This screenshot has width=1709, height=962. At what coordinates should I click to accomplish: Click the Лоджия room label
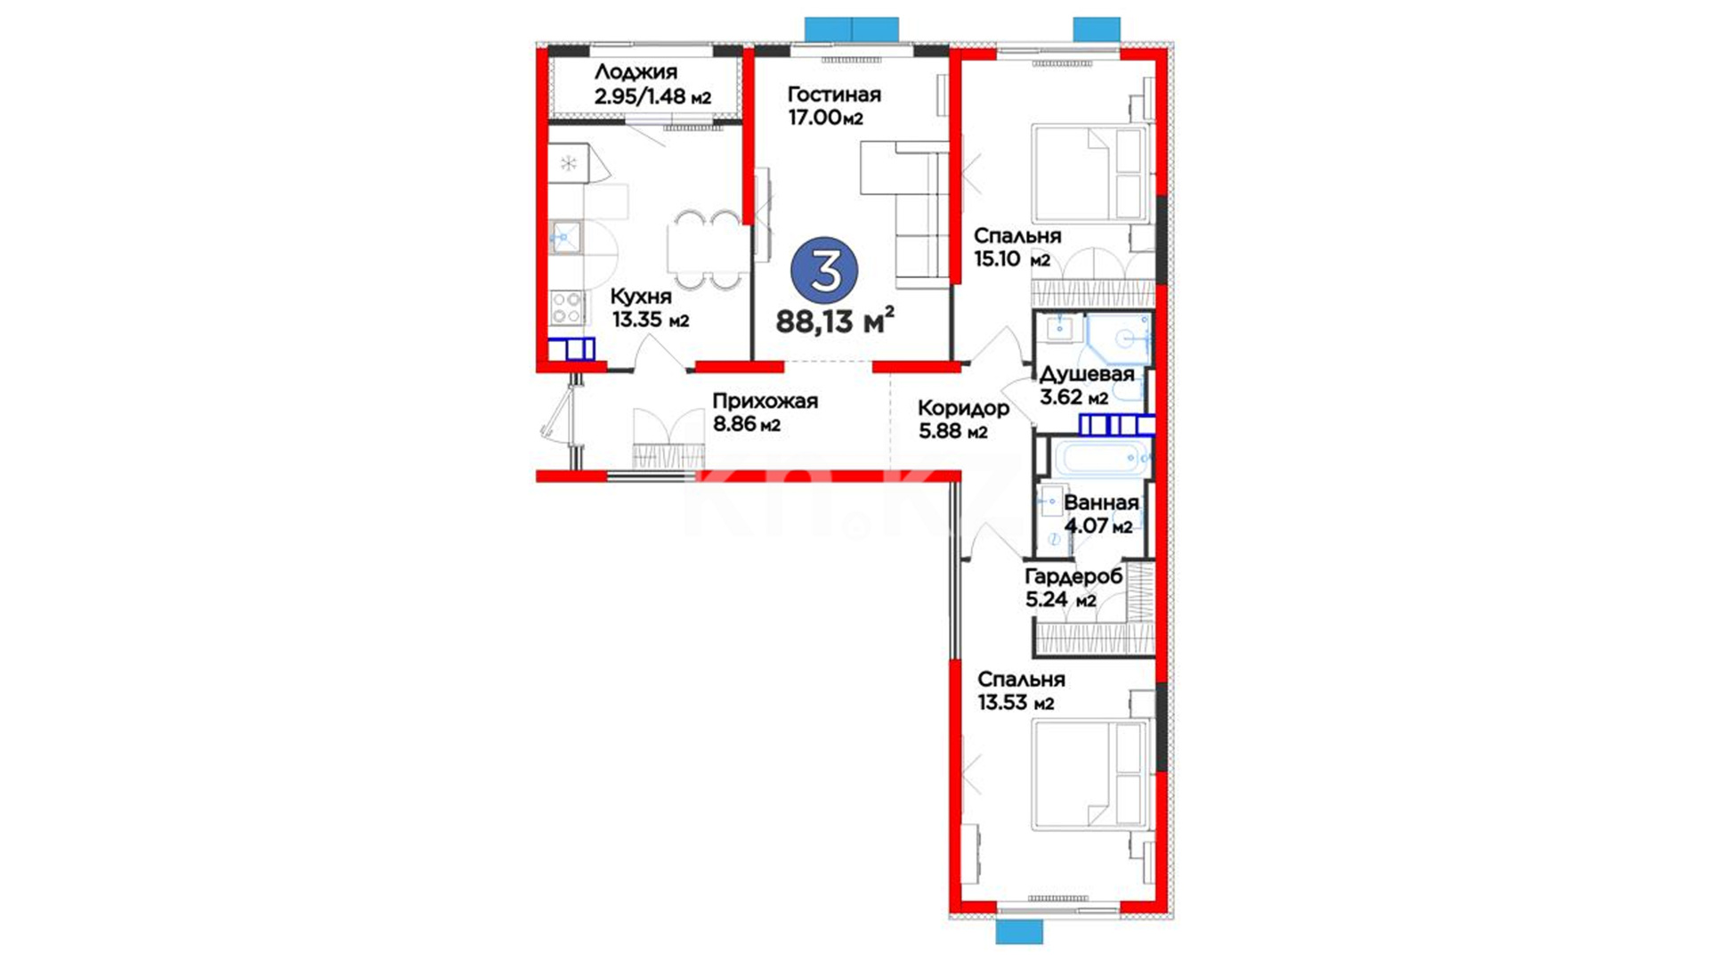pos(636,72)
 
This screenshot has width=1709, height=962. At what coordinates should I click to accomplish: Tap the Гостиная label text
pos(834,94)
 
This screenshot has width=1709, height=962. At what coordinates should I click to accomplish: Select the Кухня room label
pos(641,297)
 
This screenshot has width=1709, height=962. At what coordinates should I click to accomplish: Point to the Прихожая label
pos(765,402)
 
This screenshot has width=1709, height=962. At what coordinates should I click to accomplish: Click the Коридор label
pos(963,409)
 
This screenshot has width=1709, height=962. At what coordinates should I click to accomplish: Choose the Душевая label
pos(1087,374)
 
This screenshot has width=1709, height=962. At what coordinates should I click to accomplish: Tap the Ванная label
pos(1101,503)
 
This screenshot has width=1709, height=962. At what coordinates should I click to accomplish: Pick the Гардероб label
pos(1073,576)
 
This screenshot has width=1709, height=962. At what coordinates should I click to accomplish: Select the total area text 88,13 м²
pos(835,321)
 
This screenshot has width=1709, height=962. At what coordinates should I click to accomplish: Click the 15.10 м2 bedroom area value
pos(1012,259)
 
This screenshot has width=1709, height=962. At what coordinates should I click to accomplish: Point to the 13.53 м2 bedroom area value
pos(1016,703)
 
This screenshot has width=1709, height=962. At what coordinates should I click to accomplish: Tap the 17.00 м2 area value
pos(825,118)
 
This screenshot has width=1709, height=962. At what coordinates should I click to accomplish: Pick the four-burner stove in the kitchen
pos(567,307)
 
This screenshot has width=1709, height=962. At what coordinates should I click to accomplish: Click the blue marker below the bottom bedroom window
pos(1019,932)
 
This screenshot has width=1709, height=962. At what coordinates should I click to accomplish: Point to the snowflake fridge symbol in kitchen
pos(568,163)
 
